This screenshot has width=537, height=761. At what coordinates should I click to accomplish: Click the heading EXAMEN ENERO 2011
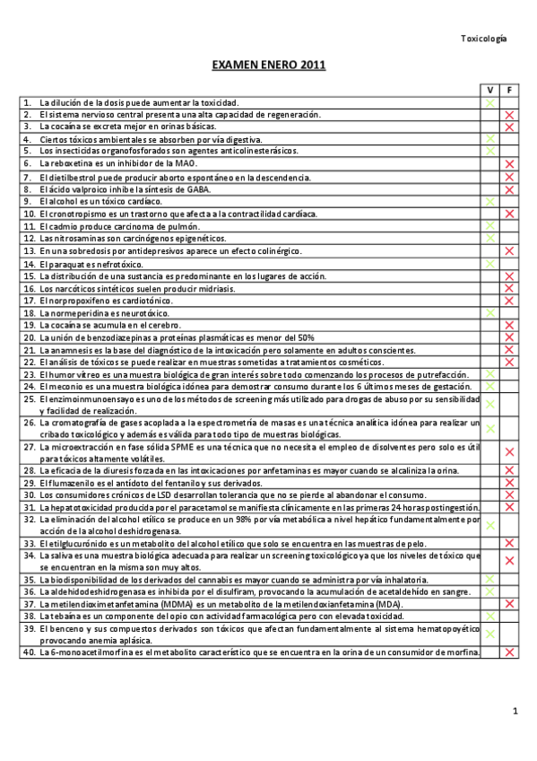point(268,66)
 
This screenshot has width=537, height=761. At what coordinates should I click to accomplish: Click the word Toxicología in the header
point(483,39)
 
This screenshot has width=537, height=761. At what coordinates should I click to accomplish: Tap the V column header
point(490,92)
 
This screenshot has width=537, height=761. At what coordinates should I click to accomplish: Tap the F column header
point(509,92)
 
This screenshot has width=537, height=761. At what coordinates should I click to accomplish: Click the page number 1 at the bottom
point(515,712)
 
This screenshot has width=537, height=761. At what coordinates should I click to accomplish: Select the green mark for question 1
point(490,103)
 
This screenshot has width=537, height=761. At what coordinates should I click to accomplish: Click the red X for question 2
point(509,116)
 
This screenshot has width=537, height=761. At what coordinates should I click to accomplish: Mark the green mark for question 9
point(490,202)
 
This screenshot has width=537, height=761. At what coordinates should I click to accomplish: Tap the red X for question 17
point(509,301)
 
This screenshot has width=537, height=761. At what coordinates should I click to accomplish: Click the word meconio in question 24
point(62,387)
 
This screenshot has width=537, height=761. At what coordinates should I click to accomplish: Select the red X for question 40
point(509,652)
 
